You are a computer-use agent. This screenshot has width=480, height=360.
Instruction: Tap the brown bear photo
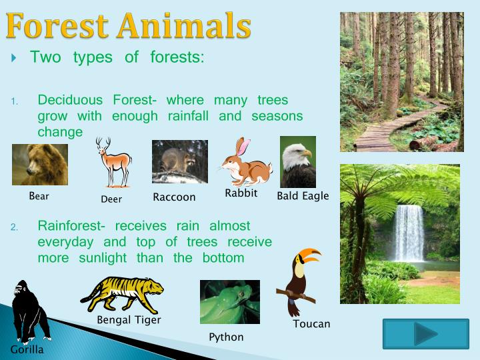(40, 165)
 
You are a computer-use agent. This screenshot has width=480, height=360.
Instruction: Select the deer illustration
(112, 163)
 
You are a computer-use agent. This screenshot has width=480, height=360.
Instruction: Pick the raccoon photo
(179, 161)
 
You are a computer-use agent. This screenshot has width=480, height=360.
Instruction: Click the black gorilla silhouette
(28, 311)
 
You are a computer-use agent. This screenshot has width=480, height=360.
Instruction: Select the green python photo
(230, 302)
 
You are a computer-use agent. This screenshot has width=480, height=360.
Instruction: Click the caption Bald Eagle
(303, 196)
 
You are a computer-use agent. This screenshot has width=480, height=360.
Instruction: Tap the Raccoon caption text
(174, 197)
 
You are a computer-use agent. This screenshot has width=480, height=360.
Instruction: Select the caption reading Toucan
(311, 324)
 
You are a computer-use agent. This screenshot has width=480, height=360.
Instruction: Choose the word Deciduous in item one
(70, 100)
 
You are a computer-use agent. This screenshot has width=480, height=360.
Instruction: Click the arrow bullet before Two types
(15, 58)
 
